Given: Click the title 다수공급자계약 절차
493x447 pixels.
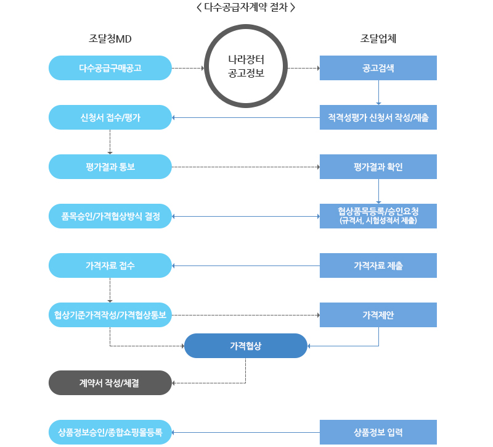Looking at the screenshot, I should (x=246, y=8).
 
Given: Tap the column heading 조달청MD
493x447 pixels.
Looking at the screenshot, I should (x=110, y=38).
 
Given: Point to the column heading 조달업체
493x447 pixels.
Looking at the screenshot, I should (x=378, y=38).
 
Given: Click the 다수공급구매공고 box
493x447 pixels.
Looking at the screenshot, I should (x=110, y=68).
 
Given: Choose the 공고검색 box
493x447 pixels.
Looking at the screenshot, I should (x=378, y=68).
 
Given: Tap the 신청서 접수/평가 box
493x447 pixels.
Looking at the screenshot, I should (x=110, y=117).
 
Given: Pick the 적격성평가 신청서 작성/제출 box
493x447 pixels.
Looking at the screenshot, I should (x=378, y=117).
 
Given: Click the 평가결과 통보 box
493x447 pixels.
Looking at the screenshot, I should (x=110, y=167).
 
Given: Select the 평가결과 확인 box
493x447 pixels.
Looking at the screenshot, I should (x=378, y=167).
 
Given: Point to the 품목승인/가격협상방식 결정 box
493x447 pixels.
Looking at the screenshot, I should (x=110, y=216).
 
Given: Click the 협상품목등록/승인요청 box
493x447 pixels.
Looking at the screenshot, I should (x=378, y=216).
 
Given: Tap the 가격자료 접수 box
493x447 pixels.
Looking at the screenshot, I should (x=110, y=265).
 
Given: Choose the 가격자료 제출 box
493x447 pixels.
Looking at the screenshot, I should (x=378, y=265).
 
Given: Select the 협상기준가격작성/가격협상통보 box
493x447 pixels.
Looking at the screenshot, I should (x=110, y=315).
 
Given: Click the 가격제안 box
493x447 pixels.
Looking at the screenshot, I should (x=378, y=315).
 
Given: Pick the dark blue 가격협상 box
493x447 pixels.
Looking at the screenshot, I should (x=246, y=346).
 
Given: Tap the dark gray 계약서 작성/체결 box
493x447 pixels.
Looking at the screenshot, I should (x=110, y=383).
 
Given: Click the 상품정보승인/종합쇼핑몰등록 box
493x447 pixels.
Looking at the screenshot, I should (x=110, y=432).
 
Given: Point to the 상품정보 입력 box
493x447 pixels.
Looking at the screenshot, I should (x=378, y=432).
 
